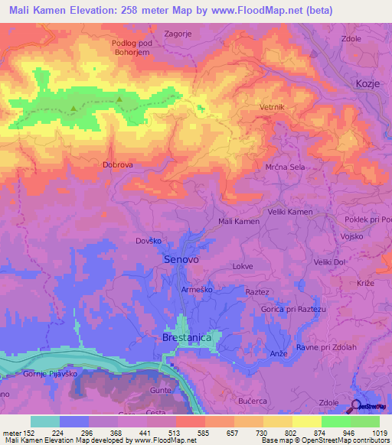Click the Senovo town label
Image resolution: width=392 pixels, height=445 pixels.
click(x=181, y=261)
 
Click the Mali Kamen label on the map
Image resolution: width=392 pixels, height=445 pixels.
click(x=239, y=221)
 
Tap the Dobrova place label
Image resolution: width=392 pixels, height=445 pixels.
click(x=118, y=164)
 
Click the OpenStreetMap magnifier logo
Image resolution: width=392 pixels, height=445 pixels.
click(x=358, y=405)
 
